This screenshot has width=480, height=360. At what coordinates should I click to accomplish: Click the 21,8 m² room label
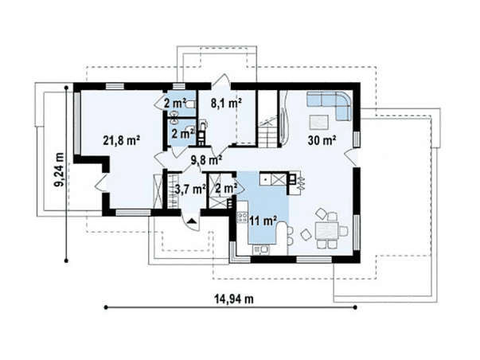tap(122, 141)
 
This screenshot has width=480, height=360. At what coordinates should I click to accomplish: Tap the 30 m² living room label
tap(322, 140)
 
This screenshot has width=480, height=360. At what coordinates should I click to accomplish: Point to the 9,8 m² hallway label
tap(206, 159)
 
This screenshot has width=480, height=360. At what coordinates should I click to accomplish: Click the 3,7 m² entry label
tap(189, 190)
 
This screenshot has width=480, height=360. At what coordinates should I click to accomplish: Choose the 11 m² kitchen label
tap(263, 221)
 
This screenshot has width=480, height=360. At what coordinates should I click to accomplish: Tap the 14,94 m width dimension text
tap(234, 299)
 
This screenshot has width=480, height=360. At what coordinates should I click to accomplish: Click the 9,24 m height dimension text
tap(59, 170)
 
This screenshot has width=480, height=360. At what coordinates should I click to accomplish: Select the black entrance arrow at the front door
tap(192, 221)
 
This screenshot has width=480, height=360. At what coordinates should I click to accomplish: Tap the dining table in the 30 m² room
tap(326, 231)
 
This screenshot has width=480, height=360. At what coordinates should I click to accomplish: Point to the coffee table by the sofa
tap(318, 122)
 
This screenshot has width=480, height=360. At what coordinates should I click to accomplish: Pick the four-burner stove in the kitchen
tap(243, 217)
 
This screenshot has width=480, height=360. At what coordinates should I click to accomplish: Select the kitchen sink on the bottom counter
tap(261, 250)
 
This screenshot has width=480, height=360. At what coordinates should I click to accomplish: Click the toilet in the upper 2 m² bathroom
tap(190, 104)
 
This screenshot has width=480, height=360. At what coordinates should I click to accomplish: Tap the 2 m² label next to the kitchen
tap(226, 189)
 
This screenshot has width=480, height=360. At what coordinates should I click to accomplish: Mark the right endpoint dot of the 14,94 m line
tap(355, 307)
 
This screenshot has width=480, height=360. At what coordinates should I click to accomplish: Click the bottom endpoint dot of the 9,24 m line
tap(66, 260)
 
